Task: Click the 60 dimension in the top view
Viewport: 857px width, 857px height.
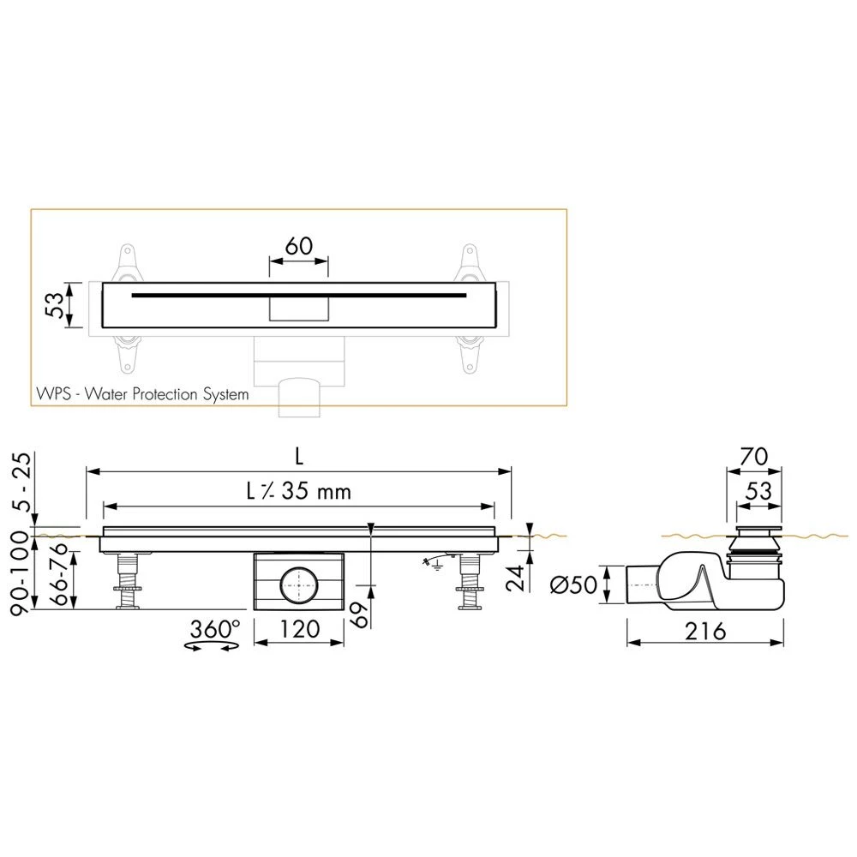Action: (x=299, y=246)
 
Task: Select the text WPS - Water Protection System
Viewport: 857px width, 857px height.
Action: (x=142, y=394)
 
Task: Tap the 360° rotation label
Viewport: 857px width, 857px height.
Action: (x=215, y=629)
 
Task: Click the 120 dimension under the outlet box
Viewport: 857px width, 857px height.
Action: (x=299, y=629)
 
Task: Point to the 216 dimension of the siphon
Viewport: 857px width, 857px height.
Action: (x=705, y=632)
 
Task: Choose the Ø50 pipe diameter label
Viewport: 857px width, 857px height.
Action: (x=573, y=584)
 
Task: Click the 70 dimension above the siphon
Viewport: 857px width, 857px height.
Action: (x=753, y=457)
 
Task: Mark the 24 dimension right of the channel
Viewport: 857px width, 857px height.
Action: (x=515, y=578)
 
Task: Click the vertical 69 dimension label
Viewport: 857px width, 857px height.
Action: (x=358, y=614)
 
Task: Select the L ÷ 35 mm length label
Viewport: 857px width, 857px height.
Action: (x=298, y=491)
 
